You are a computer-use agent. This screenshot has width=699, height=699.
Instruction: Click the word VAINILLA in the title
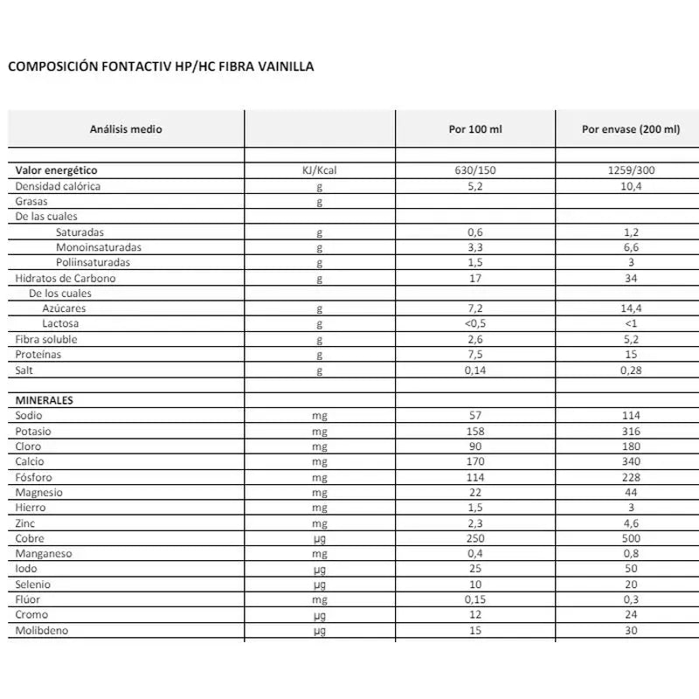281,66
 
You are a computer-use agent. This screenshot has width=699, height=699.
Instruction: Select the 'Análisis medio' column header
126,128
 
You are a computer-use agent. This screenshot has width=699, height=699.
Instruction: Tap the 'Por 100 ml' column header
475,128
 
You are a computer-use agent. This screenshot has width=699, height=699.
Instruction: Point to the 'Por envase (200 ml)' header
630,128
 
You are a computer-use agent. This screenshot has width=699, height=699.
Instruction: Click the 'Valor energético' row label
56,170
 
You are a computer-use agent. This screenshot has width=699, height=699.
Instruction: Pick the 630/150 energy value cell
475,170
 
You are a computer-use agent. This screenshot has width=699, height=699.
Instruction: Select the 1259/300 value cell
630,170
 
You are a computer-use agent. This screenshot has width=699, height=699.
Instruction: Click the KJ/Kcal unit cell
319,170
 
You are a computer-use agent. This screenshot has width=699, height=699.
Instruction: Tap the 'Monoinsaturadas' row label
98,247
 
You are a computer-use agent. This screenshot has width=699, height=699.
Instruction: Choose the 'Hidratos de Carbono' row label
66,278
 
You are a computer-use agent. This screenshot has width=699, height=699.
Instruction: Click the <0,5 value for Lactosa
475,324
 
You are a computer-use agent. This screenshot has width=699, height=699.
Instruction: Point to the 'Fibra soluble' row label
46,339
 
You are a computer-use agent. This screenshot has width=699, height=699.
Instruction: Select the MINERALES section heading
45,400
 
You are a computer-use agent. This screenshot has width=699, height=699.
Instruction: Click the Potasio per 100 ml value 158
475,431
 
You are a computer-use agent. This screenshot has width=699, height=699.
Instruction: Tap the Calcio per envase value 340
630,461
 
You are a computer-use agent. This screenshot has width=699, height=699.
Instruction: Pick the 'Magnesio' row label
39,492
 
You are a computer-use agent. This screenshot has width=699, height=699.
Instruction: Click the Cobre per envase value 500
630,538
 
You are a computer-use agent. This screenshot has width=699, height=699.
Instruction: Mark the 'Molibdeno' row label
42,630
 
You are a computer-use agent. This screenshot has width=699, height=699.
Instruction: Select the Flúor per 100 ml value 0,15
475,599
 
